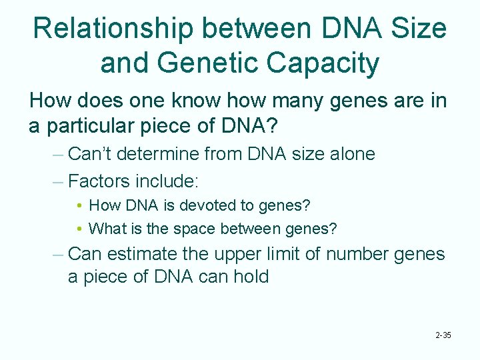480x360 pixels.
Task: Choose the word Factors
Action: coord(99,181)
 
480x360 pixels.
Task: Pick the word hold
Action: coord(253,276)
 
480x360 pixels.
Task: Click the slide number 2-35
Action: coord(443,335)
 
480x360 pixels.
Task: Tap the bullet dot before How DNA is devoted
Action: coord(79,206)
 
